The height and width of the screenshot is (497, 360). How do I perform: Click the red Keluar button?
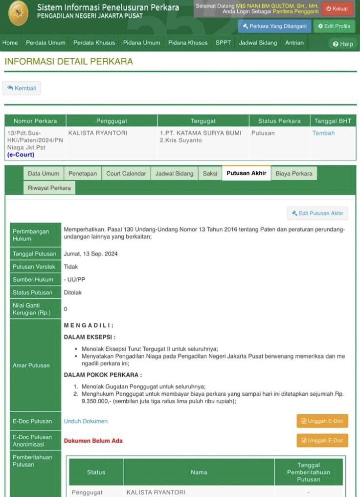point(337,9)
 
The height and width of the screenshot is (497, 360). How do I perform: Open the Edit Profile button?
point(334,26)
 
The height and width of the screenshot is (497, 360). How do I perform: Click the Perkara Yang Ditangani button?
point(274,26)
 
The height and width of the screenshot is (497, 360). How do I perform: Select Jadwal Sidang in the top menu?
point(258,43)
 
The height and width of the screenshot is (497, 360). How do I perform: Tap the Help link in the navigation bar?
point(343,44)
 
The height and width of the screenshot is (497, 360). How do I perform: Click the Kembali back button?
point(22,88)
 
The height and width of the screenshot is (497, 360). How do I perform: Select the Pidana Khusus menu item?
point(188,43)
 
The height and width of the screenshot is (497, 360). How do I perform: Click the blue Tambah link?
point(323,133)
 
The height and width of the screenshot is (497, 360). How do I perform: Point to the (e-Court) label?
point(21,154)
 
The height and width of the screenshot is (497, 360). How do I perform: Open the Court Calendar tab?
point(126,173)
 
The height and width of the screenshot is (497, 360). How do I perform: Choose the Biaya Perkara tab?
point(294,173)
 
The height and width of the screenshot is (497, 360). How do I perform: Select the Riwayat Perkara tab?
point(49,188)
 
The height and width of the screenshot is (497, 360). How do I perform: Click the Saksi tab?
point(210,173)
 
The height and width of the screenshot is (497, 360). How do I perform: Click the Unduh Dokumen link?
point(85,421)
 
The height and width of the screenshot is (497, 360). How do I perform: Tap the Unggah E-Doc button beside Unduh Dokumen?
point(322,421)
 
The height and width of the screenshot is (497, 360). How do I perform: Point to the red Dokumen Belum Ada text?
point(93,440)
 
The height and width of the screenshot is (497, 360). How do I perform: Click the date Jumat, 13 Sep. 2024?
point(91,254)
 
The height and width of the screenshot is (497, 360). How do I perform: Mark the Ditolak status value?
point(73,293)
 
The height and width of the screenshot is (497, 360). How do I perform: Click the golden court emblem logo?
point(18,13)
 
